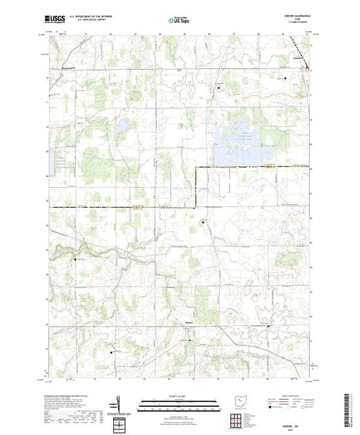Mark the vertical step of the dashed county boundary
point(196,187)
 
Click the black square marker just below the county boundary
point(202,222)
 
